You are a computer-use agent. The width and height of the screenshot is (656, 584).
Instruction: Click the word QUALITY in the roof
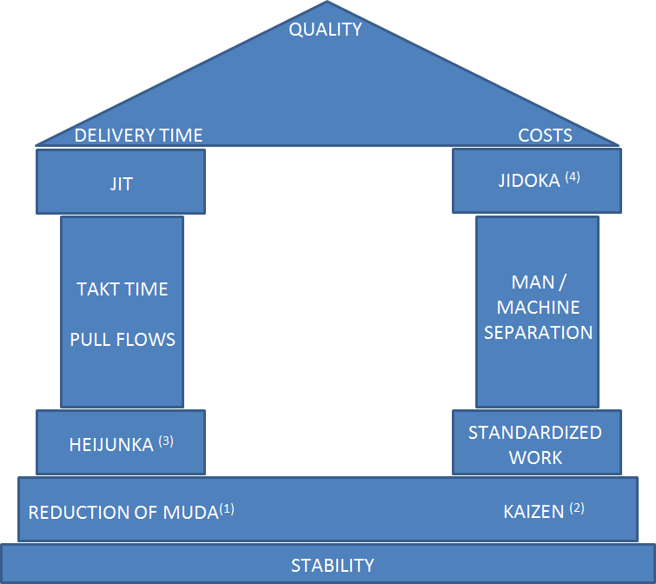coord(325,30)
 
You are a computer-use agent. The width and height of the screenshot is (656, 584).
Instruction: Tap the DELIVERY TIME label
coord(138,135)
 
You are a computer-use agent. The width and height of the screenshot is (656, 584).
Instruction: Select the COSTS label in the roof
coord(545,135)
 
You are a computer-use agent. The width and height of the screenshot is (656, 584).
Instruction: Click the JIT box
coord(121,182)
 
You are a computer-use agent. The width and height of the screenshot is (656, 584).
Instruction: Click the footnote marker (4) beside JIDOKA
coord(572,177)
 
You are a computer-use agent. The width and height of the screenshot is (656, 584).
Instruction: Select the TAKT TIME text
coord(122,289)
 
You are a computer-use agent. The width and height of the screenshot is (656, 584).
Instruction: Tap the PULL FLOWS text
coord(123,339)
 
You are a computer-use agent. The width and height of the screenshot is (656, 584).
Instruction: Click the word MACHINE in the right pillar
coord(538,308)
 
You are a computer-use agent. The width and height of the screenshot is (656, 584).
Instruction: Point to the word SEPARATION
coord(538,332)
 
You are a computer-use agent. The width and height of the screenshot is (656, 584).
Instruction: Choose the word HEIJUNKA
coord(110,445)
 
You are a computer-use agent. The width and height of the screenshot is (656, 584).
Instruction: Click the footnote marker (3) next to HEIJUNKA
coord(166,441)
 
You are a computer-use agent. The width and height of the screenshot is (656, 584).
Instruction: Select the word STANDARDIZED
coord(535,433)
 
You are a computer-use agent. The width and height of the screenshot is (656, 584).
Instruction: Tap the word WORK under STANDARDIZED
coord(535,457)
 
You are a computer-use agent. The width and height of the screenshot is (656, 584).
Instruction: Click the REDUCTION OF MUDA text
coord(123,512)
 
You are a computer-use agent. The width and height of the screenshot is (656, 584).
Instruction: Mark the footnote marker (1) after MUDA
coord(227,508)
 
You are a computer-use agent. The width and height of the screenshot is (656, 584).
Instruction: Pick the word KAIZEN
coord(533,512)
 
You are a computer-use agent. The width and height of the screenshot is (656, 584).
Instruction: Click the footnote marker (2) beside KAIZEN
coord(577,508)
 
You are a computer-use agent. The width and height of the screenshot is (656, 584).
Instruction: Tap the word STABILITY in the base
coord(333,566)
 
